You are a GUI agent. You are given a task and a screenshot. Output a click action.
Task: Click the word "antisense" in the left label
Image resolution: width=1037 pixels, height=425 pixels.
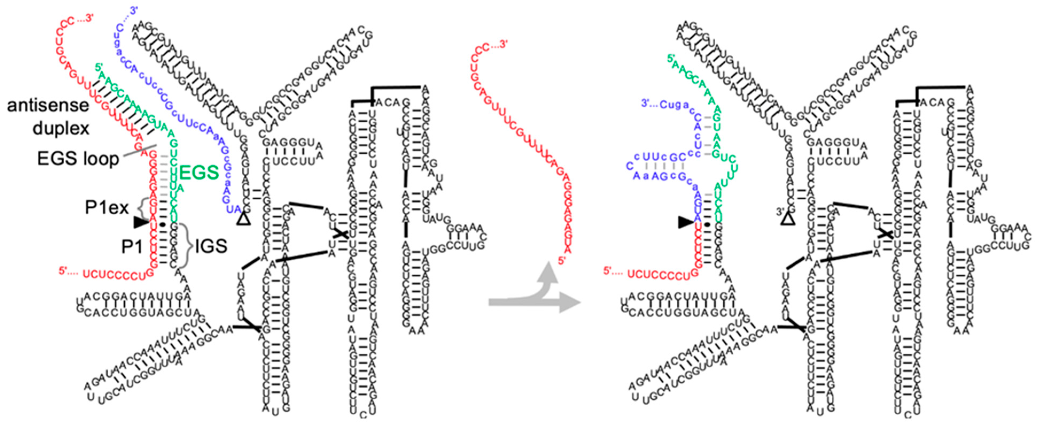48,106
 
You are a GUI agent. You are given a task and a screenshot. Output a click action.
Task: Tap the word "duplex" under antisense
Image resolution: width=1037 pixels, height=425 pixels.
61,128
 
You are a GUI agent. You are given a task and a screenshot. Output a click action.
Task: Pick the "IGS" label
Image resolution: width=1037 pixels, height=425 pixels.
211,246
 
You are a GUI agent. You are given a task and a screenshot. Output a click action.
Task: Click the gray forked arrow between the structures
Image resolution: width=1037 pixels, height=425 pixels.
535,294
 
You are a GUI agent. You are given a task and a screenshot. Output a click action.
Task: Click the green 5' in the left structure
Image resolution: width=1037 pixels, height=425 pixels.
100,67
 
